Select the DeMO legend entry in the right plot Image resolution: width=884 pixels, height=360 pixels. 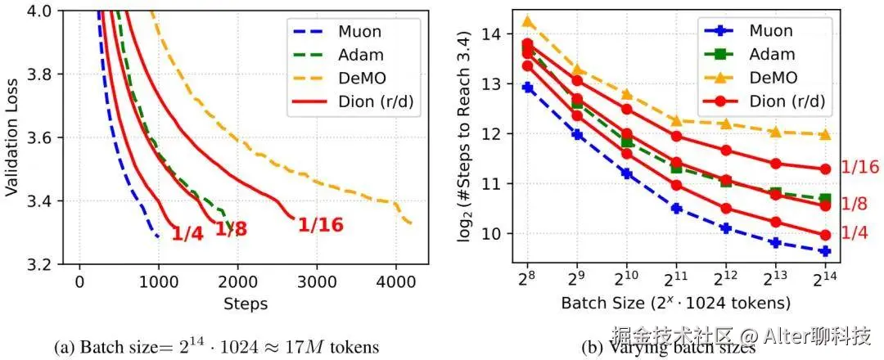click(x=769, y=78)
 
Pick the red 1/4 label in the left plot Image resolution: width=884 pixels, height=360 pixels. click(x=187, y=234)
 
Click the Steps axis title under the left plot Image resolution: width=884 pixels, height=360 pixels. click(x=246, y=304)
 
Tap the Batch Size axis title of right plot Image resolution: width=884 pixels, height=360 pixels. click(x=675, y=303)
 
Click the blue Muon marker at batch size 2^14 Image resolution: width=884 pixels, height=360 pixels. click(x=825, y=251)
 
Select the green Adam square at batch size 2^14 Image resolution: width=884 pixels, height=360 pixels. click(x=825, y=199)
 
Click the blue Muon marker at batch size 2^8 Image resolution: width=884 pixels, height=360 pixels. click(x=528, y=88)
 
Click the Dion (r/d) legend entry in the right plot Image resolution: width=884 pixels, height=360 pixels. click(x=769, y=101)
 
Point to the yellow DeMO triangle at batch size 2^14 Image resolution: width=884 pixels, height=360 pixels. click(x=825, y=134)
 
